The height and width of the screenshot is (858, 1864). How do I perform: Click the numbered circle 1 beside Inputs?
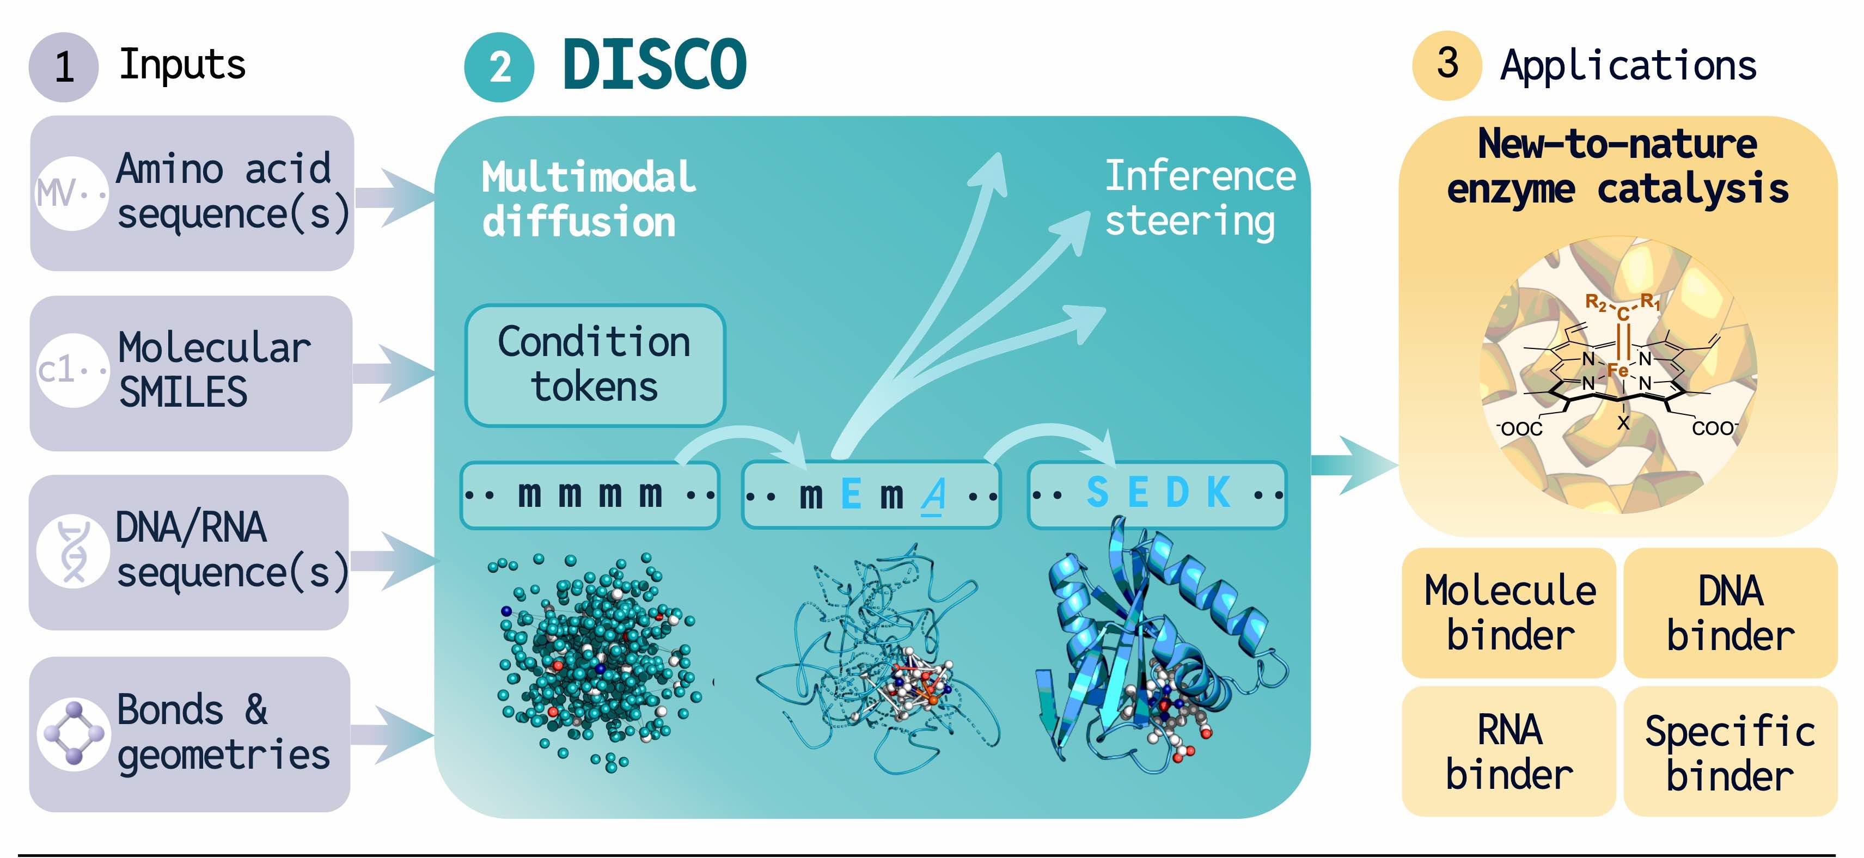(64, 66)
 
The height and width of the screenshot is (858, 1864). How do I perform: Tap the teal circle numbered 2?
(499, 68)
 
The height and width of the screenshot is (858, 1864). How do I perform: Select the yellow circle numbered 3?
(1447, 65)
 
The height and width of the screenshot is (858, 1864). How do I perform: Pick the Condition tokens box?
(594, 365)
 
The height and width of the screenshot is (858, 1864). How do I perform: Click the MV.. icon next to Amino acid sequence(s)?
(71, 193)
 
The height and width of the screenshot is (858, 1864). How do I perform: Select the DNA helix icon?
(73, 552)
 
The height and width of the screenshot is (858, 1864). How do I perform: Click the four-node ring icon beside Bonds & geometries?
(73, 733)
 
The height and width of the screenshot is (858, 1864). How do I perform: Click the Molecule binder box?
(1509, 613)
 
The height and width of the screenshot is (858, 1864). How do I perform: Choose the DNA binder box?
(1730, 613)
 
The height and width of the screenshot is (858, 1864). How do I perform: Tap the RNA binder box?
(1509, 752)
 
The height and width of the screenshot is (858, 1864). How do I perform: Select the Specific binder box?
(1730, 752)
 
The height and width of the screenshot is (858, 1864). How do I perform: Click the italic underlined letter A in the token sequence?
(933, 495)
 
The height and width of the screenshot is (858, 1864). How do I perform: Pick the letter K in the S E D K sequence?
(1219, 493)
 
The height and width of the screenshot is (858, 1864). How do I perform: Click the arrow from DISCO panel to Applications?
(1353, 465)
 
